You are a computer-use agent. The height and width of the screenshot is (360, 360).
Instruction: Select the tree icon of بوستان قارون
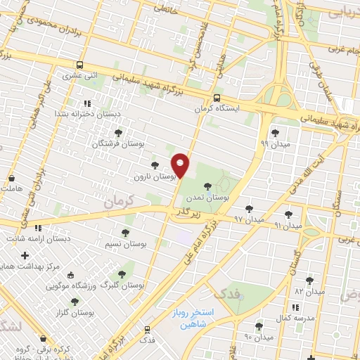155,165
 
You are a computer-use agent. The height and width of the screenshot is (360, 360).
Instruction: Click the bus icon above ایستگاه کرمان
217,98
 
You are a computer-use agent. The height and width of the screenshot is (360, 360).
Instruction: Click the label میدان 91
288,225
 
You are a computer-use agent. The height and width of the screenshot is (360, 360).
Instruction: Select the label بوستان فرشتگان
118,143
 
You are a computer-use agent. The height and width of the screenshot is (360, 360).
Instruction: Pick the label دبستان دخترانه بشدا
89,113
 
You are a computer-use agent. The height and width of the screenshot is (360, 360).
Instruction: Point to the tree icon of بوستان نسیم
126,232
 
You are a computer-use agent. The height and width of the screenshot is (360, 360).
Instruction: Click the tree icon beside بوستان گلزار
75,302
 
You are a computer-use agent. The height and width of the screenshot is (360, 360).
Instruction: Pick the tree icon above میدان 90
259,326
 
